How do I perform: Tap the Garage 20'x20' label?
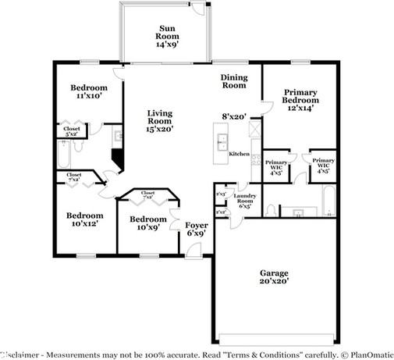point(274,276)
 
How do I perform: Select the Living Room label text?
point(160,121)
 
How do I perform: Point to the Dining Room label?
point(233,82)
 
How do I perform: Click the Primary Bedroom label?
point(300,101)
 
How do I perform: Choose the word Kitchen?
point(239,155)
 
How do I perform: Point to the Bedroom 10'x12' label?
point(83,219)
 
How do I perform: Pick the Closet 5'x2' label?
point(72,132)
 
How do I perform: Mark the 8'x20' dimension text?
point(234,116)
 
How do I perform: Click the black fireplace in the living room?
point(117,159)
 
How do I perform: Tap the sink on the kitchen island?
point(222,142)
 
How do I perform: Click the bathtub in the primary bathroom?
point(329,202)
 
